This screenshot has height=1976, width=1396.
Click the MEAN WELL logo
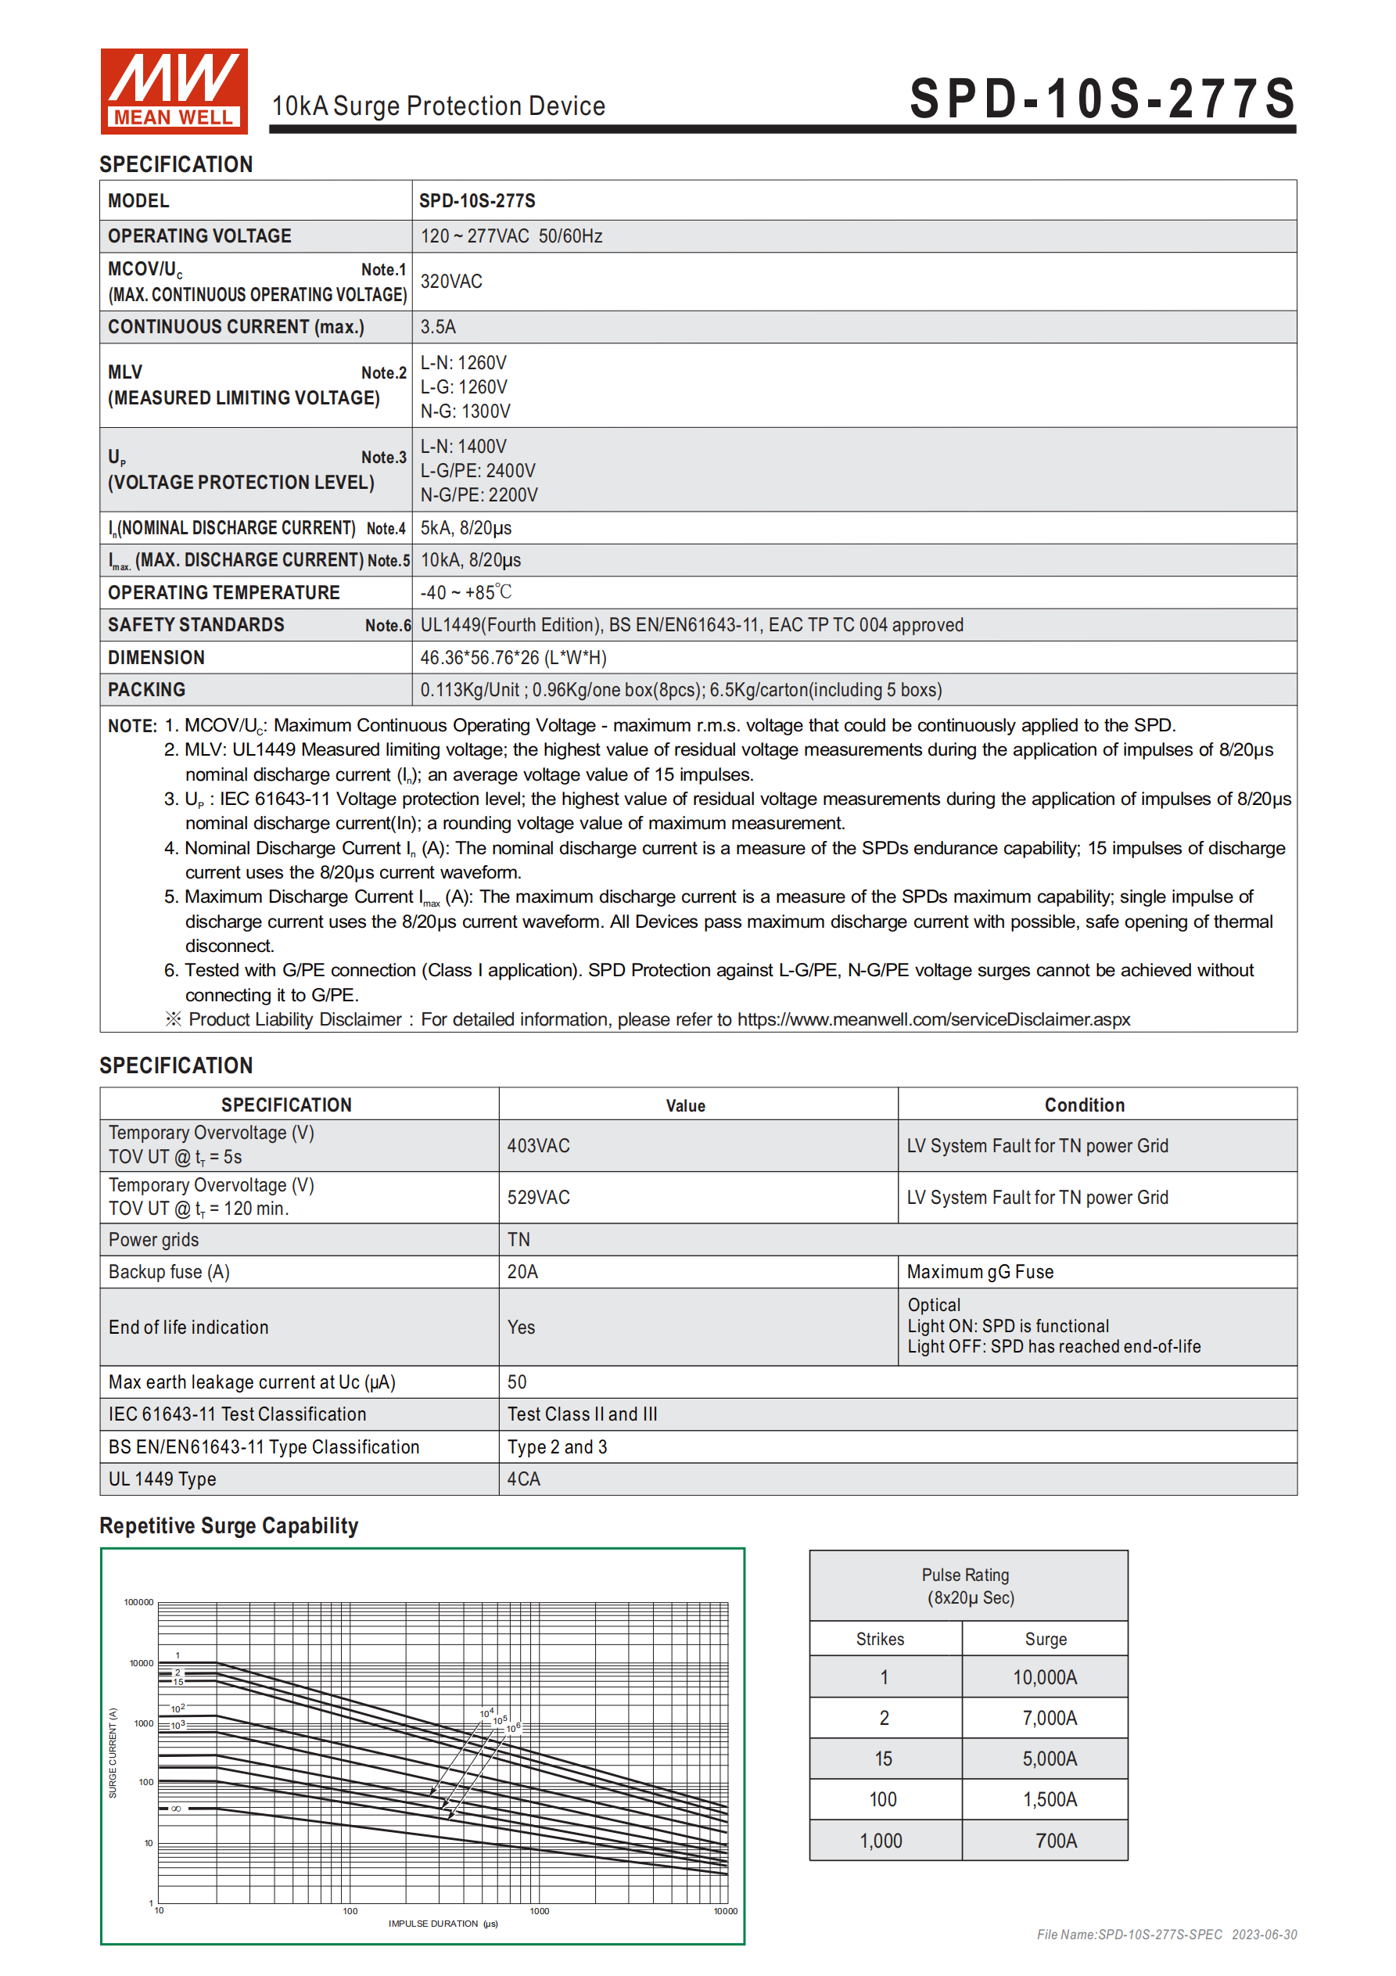174,92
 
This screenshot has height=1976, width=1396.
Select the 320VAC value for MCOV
451,282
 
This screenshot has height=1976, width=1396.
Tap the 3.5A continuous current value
438,327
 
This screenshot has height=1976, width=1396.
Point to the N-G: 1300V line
465,411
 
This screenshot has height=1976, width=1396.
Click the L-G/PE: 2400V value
478,471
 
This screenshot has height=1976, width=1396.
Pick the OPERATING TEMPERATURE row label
224,593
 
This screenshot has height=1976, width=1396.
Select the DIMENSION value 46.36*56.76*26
513,658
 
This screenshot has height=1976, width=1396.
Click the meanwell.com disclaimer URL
933,1019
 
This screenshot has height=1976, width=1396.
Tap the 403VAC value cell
538,1145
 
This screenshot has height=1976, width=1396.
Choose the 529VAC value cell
538,1197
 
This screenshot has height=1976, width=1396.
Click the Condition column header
1084,1105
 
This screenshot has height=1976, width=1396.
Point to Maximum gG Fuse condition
979,1272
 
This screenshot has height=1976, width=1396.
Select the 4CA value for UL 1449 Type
523,1478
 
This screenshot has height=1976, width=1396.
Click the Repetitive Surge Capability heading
229,1526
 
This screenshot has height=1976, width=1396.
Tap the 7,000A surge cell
1050,1718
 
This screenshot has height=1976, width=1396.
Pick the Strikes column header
880,1639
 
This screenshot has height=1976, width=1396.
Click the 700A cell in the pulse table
1056,1840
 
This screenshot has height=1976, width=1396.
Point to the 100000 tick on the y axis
138,1603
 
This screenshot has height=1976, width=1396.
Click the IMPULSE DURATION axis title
443,1924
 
